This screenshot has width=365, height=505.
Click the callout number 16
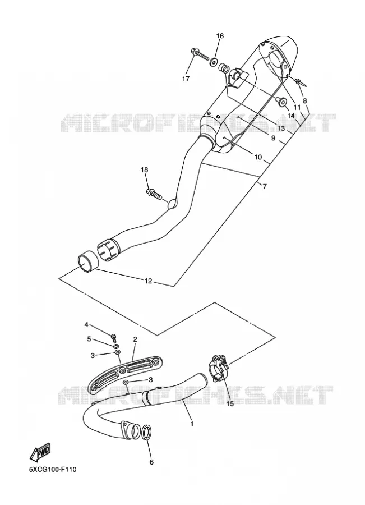pos(220,36)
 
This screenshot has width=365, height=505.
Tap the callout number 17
pos(186,79)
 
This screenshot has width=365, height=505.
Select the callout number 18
pos(144,169)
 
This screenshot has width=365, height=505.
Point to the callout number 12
pos(148,281)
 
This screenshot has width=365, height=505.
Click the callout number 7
pos(265,186)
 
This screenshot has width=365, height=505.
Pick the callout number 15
pos(230,403)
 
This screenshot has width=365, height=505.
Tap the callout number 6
pos(151,462)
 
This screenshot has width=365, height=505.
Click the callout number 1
pos(192,424)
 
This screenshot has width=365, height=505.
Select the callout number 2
pos(135,339)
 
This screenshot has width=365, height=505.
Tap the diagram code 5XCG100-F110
pos(53,470)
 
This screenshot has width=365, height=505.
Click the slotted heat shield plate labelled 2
pos(126,374)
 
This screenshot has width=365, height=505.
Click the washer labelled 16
pos(212,61)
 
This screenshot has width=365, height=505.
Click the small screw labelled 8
pos(301,82)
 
